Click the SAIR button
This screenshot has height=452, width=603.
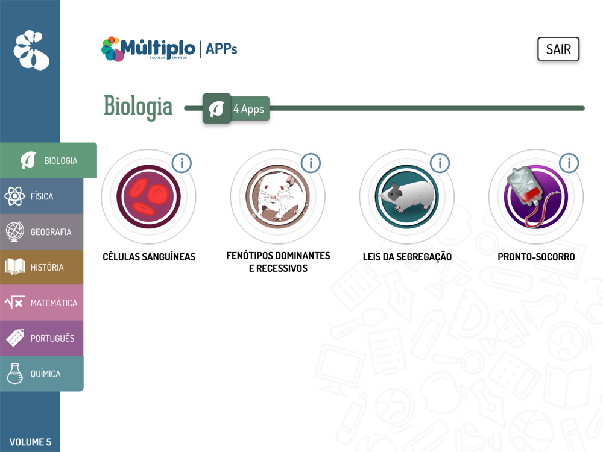click(x=558, y=49)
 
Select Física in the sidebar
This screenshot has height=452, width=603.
click(x=42, y=196)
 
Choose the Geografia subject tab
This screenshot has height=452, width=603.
click(x=42, y=232)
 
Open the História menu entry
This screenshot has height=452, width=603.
click(x=42, y=267)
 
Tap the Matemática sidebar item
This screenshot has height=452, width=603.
click(x=42, y=303)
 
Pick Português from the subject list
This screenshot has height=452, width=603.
click(x=42, y=338)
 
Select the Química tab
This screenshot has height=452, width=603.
click(x=42, y=374)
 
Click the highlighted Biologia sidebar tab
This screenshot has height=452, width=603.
click(x=48, y=160)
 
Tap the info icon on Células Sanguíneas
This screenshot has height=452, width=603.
click(x=182, y=163)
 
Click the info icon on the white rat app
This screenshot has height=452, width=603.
click(x=311, y=163)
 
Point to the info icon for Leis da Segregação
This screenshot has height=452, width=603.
click(x=440, y=163)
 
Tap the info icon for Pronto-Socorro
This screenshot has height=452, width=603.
click(x=569, y=163)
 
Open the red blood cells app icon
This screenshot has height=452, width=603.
click(x=148, y=197)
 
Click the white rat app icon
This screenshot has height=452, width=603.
click(x=277, y=197)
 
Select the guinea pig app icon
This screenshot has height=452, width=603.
click(x=407, y=197)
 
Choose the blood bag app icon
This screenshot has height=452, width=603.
click(x=536, y=197)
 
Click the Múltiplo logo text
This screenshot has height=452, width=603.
click(x=157, y=48)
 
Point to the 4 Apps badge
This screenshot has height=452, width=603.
click(x=236, y=108)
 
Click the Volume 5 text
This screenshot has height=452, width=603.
click(x=30, y=442)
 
